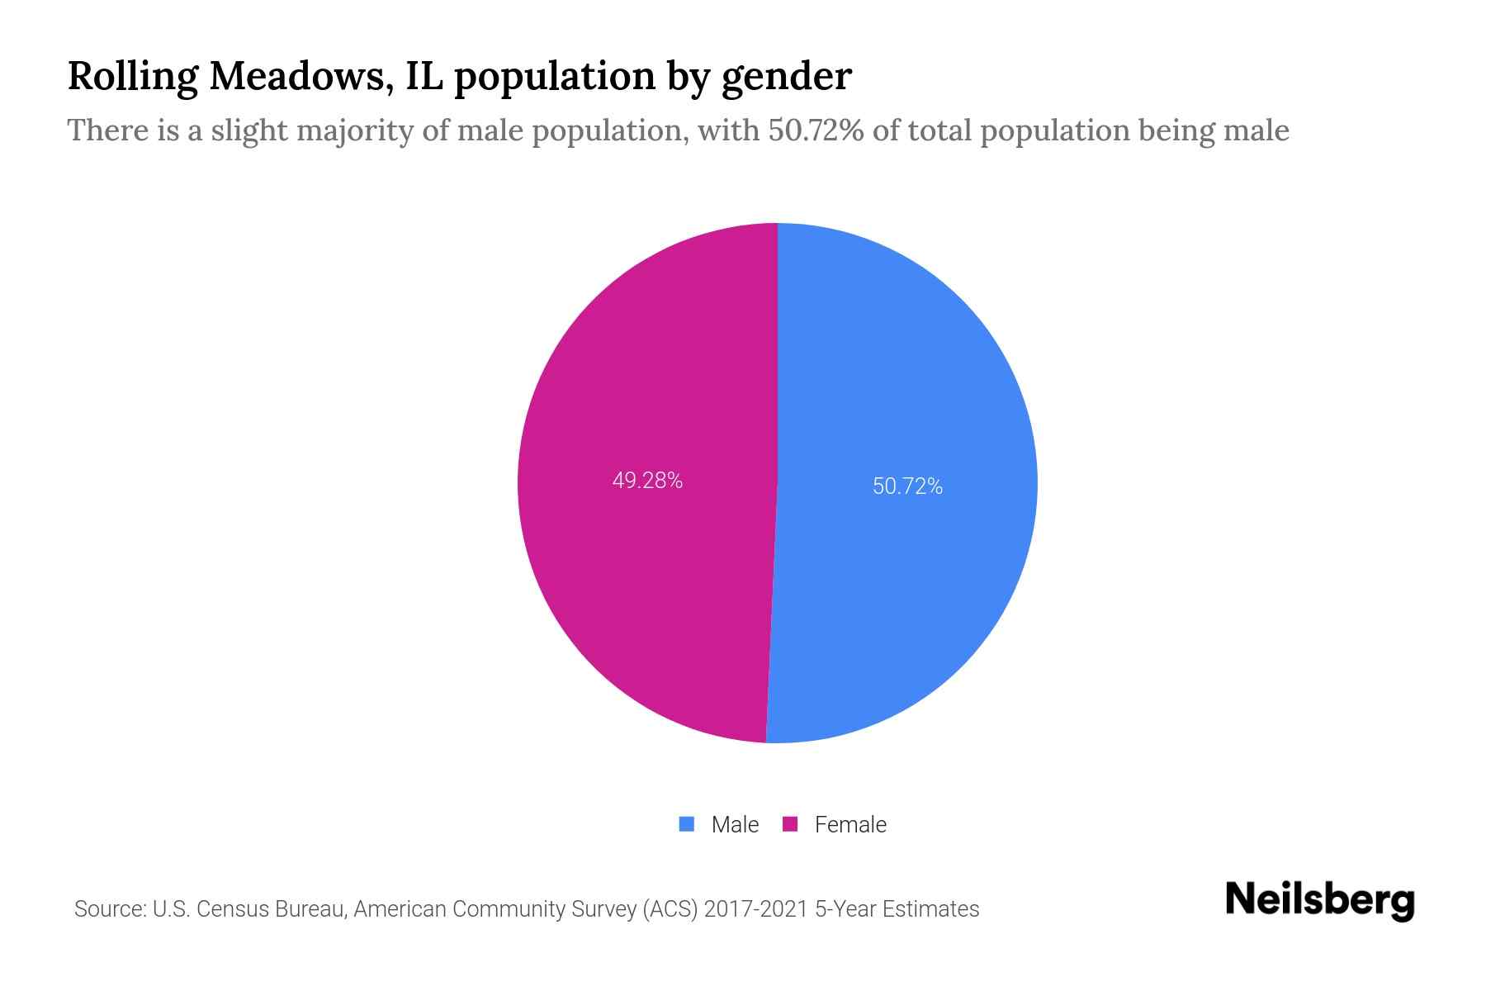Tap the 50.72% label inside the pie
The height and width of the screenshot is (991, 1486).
tap(907, 486)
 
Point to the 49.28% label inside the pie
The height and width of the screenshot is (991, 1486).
tap(647, 481)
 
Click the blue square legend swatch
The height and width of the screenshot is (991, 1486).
tap(686, 824)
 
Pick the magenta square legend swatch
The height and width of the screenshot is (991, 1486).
tap(790, 824)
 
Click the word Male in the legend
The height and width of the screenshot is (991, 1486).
tap(735, 825)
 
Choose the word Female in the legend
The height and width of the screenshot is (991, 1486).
tap(850, 825)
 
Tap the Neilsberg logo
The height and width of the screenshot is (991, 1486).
tap(1319, 900)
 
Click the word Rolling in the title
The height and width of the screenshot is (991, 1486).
tap(132, 77)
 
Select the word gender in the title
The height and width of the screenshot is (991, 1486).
tap(786, 77)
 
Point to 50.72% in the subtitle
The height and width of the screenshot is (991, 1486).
tap(816, 130)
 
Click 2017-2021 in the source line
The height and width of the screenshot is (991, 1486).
tap(755, 909)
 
